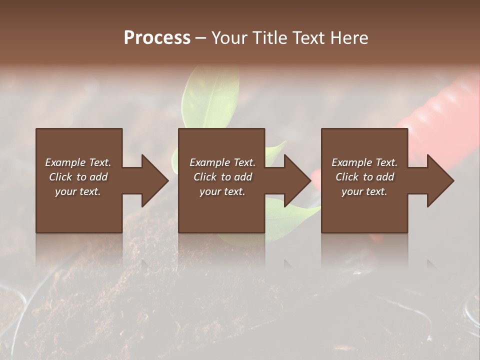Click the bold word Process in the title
coord(157,38)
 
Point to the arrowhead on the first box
coord(152,180)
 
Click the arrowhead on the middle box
coord(295,180)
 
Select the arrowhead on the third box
coord(438,180)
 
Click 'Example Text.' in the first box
coord(78,162)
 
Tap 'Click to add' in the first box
coord(78,177)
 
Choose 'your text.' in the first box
coord(78,191)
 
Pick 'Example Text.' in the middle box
coord(222,162)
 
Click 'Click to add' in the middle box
coord(222,177)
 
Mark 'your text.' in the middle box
coord(222,191)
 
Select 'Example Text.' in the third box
coord(364,162)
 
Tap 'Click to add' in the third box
coord(364,177)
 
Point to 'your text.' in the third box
coord(364,191)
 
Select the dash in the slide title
coord(201,38)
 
